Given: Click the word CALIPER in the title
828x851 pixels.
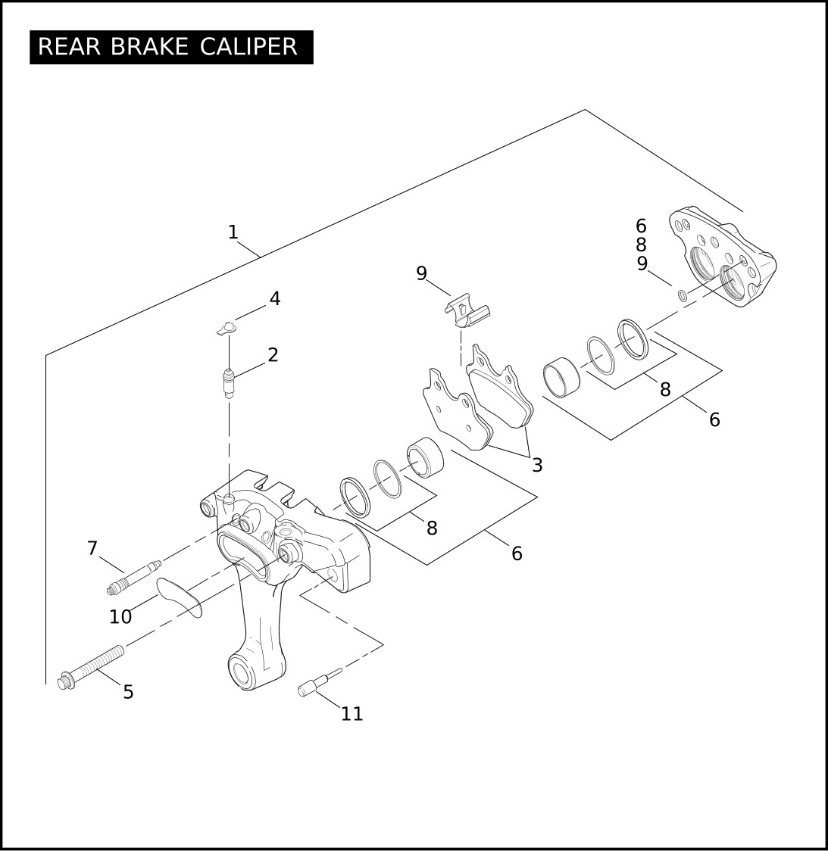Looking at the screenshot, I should pos(248,47).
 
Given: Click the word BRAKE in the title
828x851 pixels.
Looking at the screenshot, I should pos(149,47).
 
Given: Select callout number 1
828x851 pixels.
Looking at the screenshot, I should pos(233,232).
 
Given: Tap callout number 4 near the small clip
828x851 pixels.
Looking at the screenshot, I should pos(275,299).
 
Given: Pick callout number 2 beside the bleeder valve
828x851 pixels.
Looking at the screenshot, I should pos(273,354).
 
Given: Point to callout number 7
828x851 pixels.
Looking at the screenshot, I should pos(92,548).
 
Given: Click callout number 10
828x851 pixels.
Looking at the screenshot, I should pos(120,616).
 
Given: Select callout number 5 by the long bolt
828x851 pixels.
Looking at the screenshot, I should pos(128,691).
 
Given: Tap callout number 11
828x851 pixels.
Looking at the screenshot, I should pos(352,713).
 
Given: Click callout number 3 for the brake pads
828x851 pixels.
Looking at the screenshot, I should pos(537,465).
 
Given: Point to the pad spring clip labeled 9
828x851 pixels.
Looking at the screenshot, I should pos(466,311).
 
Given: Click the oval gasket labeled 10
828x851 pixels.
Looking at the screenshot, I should pos(180,597).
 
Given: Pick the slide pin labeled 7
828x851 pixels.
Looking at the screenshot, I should pos(133,576).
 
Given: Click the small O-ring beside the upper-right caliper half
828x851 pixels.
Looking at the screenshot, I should pos(682,295).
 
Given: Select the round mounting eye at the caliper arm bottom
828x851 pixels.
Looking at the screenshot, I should pos(245,672).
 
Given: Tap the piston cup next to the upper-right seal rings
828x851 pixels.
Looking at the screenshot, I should pos(561,372).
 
